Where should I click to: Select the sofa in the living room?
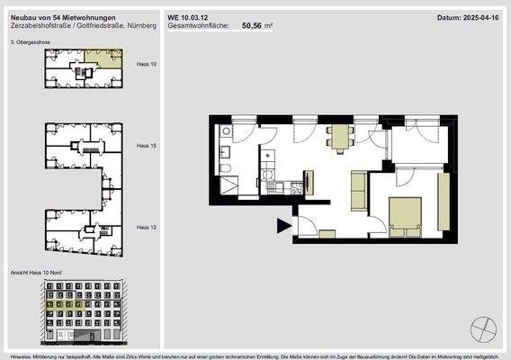pos(357,189)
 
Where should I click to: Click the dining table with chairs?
pos(340,137)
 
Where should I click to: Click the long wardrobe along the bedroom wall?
pos(443,202)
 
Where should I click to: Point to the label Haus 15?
pos(147,145)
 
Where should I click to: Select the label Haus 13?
pos(147,228)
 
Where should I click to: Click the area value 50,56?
pos(254,27)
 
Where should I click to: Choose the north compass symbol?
pos(484,325)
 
